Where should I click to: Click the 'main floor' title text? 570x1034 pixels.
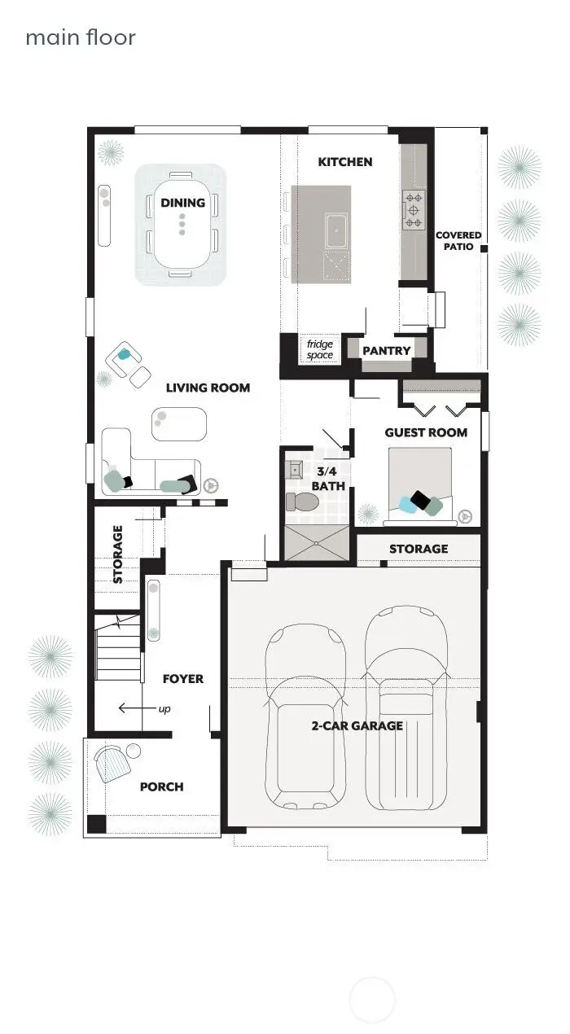pos(80,37)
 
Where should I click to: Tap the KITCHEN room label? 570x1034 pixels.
pos(345,162)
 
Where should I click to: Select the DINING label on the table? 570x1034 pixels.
pos(182,203)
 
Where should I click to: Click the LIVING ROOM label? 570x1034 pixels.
pos(208,388)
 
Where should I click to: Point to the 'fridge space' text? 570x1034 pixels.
pos(320,349)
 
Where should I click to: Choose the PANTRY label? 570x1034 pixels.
pos(387,351)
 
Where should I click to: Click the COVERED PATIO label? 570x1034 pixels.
pos(458,240)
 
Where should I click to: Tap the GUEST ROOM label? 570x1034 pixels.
pos(426,432)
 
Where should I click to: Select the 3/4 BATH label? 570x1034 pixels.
pos(331,478)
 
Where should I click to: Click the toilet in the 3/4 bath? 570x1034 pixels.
pos(303,502)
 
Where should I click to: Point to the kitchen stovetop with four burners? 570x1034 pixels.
pos(414,209)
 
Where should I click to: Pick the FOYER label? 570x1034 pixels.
pos(183,678)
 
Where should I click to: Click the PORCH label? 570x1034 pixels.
pos(161,786)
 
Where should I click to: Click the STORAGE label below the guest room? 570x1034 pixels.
pos(419,549)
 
